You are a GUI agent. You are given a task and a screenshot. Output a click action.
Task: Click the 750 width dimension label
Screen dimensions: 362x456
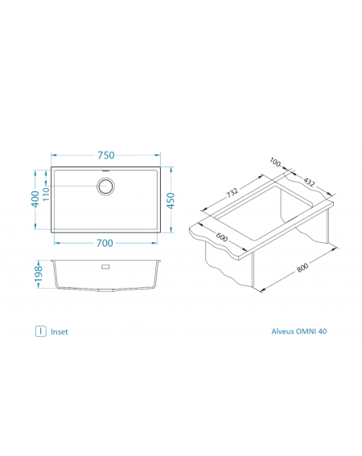(106, 155)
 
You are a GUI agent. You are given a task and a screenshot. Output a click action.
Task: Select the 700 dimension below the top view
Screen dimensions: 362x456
(105, 243)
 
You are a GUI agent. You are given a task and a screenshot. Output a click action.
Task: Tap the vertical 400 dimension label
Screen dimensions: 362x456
(35, 199)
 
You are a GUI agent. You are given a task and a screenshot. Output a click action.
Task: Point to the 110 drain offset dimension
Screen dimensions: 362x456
(46, 194)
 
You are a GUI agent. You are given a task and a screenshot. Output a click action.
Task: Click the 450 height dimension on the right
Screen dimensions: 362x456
(171, 201)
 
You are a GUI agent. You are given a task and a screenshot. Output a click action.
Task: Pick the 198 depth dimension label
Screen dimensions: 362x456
(39, 274)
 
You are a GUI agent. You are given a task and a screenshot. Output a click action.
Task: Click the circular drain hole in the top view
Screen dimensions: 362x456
(105, 186)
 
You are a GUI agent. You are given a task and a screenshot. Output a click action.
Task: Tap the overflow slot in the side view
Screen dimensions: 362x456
(105, 266)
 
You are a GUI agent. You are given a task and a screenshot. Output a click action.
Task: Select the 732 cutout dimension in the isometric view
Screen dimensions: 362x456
(232, 192)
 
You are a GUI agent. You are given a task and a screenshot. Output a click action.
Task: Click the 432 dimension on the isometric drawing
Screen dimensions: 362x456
(309, 182)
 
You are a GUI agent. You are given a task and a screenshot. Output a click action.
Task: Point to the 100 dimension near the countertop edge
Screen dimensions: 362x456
(275, 162)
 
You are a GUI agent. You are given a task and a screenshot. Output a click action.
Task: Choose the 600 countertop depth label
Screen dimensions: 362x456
(222, 237)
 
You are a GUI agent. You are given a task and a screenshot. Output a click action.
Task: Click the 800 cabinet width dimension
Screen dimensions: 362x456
(302, 268)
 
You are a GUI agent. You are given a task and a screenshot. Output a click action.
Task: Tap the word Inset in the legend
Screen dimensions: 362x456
(60, 332)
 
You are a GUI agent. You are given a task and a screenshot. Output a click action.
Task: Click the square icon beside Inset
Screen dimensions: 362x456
(41, 331)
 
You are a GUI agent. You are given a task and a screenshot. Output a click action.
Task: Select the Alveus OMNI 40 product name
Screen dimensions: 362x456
(299, 331)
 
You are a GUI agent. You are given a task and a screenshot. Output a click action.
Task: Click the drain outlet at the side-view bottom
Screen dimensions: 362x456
(106, 290)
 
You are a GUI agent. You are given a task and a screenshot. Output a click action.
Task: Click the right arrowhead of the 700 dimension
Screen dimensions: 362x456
(154, 243)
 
